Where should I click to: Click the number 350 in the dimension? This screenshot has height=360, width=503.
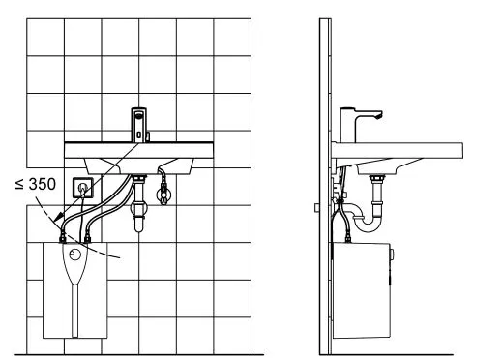tap(43, 184)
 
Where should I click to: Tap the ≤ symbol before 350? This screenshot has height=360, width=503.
tap(19, 184)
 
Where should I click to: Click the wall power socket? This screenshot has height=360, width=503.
tap(83, 188)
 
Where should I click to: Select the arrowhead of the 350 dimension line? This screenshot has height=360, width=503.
tap(58, 218)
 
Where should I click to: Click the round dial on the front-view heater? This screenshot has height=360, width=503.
tap(75, 255)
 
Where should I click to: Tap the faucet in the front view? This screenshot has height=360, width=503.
tap(139, 125)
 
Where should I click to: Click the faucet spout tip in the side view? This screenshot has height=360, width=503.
tap(379, 115)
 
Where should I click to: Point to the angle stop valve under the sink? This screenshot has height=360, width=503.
tap(163, 194)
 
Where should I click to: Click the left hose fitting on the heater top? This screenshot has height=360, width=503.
tap(63, 239)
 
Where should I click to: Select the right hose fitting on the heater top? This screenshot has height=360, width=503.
tap(87, 239)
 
